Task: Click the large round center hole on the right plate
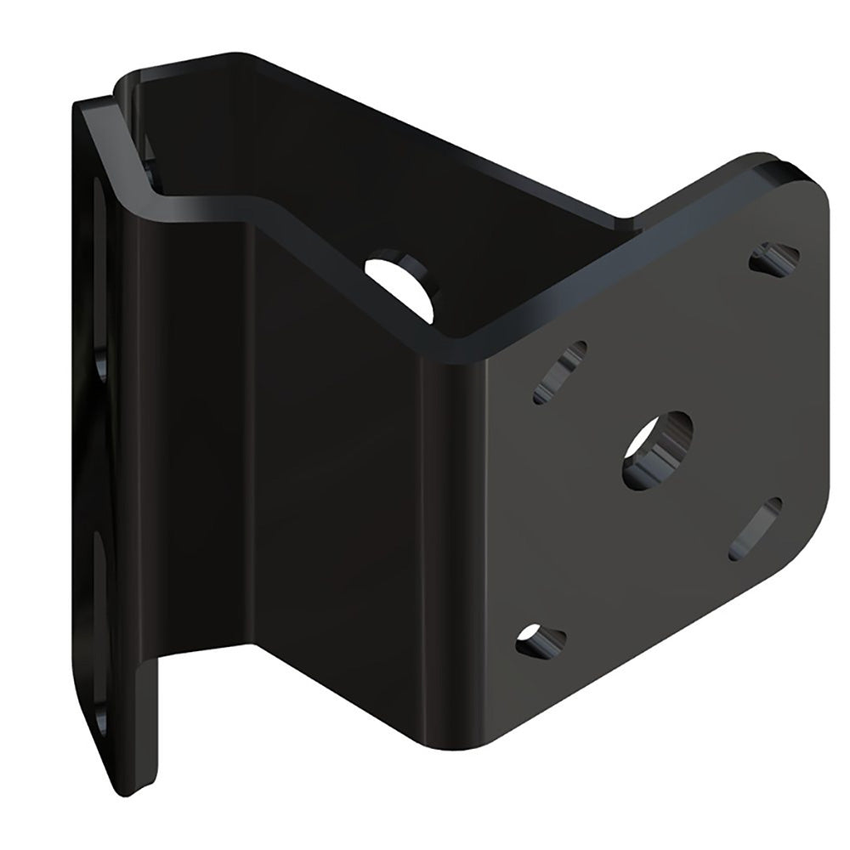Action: click(657, 450)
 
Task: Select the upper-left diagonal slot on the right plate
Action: click(560, 371)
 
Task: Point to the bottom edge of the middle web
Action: click(340, 659)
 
